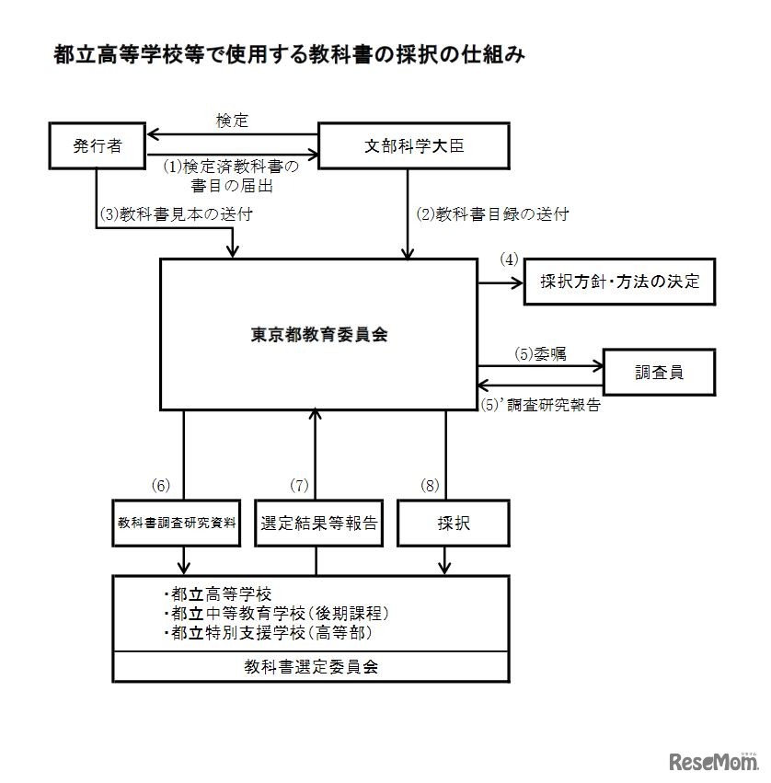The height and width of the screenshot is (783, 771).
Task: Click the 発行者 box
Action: pos(97,145)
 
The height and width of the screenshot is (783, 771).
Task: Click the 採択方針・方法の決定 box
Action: pos(619,282)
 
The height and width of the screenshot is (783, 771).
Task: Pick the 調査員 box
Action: pos(659,372)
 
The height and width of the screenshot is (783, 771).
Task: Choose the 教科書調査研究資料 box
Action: pos(177,524)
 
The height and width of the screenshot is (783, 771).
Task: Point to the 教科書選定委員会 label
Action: pos(311,667)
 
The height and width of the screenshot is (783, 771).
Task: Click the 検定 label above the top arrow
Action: pos(232,121)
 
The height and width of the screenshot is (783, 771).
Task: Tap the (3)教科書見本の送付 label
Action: pos(175,214)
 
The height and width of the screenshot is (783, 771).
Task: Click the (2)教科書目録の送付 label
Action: pos(492,214)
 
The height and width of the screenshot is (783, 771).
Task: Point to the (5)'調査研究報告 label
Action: pos(541,404)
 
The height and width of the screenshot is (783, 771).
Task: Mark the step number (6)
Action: pos(161,485)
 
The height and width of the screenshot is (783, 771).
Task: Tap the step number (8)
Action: pos(429,485)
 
